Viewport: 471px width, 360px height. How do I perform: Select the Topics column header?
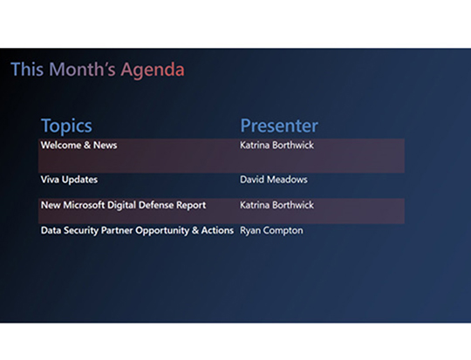point(66,126)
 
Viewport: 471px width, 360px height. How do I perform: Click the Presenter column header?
point(279,126)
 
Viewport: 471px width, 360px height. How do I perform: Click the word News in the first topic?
point(105,146)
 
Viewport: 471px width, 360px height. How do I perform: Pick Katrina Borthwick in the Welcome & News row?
point(276,146)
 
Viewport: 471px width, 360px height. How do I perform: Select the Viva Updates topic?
point(69,180)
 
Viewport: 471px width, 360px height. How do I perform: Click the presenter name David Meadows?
point(274,180)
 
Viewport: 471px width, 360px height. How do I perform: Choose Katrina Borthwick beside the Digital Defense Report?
point(276,206)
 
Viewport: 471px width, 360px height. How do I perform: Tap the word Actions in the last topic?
point(216,231)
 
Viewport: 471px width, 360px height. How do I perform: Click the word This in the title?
point(25,70)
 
